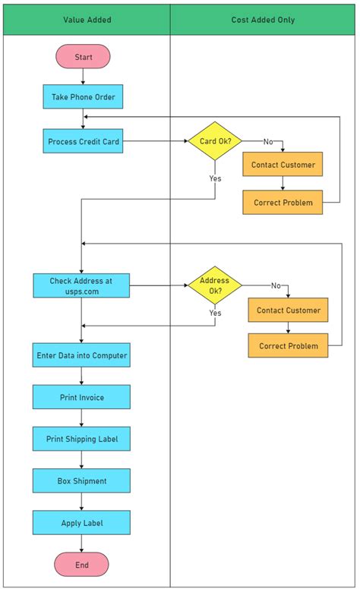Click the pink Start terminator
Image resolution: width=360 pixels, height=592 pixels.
[83, 57]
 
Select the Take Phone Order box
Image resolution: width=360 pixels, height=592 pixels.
[83, 97]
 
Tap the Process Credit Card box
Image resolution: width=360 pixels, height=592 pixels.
[83, 141]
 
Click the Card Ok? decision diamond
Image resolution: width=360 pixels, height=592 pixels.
[214, 141]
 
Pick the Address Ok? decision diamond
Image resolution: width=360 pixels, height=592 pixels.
[214, 285]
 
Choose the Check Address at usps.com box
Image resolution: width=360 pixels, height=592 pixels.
[81, 285]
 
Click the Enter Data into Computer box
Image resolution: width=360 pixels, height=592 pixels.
[81, 354]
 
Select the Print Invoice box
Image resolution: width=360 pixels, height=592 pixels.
[81, 397]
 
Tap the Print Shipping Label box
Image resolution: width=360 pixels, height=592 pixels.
[81, 439]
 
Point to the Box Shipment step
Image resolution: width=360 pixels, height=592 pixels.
[81, 480]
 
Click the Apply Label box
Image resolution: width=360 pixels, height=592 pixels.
[81, 523]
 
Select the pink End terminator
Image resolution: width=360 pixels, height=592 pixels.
[81, 565]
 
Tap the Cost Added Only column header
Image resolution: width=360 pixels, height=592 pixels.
[263, 20]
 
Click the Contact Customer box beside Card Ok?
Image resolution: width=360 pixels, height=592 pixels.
[283, 165]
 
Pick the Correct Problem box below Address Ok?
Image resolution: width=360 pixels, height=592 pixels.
[288, 346]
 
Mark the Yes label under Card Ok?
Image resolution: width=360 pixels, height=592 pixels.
[215, 178]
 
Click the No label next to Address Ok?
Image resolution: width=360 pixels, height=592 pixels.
[276, 285]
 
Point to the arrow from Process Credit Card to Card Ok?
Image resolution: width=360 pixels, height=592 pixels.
[155, 141]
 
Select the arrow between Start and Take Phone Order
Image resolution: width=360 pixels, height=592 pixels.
[83, 77]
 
